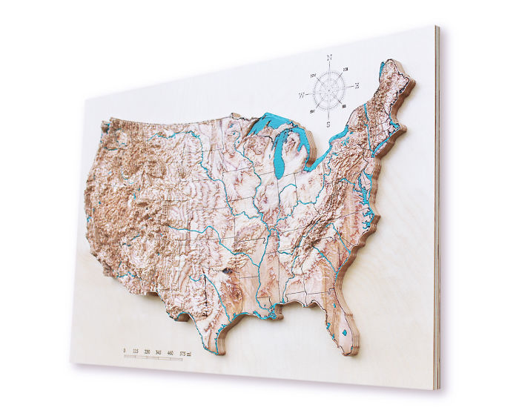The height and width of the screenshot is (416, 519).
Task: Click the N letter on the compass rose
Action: click(x=329, y=57)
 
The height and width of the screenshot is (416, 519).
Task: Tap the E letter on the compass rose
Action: click(x=357, y=86)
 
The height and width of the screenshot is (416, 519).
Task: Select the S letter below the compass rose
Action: click(x=329, y=125)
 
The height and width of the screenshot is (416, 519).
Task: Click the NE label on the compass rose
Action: click(x=346, y=69)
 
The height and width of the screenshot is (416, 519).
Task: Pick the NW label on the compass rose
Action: click(x=313, y=75)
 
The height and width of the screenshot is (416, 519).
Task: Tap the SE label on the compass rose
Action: click(x=346, y=107)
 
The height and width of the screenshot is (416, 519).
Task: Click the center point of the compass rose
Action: click(x=329, y=90)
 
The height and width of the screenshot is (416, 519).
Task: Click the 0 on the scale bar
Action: click(x=124, y=349)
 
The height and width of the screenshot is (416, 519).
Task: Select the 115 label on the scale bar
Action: click(x=135, y=350)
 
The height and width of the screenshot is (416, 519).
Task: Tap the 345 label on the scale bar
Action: click(x=159, y=351)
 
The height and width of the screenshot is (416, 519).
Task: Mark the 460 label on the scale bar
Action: click(x=171, y=352)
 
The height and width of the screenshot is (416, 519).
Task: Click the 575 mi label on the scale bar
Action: click(x=186, y=353)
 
